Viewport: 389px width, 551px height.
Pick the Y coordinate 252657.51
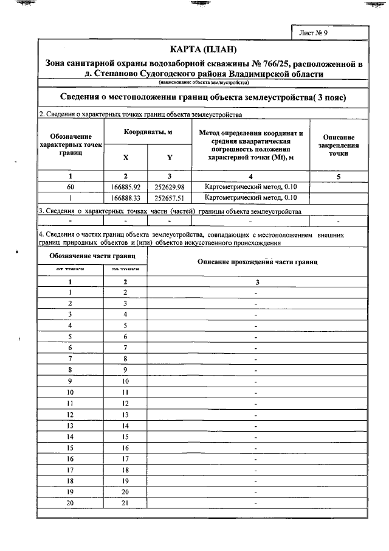[170, 198]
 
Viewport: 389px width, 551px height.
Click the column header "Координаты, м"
[148, 132]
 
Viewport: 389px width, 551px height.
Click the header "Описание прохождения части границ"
[258, 261]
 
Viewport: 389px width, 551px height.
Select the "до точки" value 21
[125, 504]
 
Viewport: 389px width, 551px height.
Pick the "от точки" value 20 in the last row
[71, 504]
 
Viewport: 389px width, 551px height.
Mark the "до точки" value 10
[125, 381]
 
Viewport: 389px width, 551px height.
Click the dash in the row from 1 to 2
[257, 293]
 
